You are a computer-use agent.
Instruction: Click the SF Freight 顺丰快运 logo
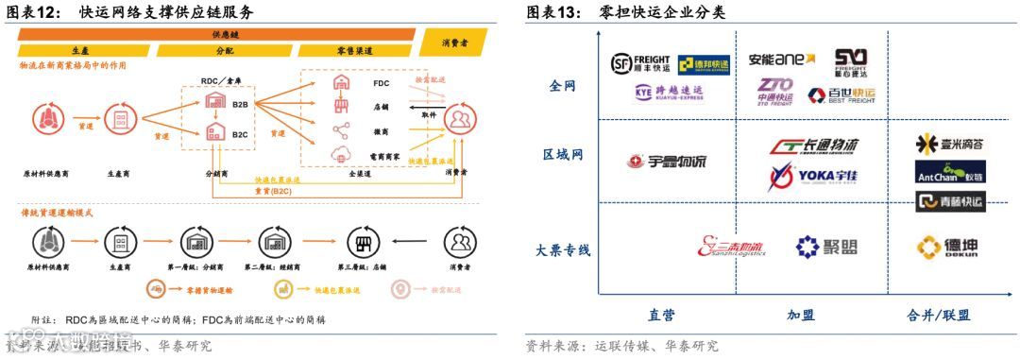[641, 63]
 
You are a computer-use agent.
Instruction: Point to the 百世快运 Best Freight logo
[841, 94]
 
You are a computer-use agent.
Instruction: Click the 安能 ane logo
[781, 60]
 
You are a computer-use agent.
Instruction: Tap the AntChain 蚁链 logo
[949, 173]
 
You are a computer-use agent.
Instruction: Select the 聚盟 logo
[826, 248]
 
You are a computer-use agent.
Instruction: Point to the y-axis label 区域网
[563, 154]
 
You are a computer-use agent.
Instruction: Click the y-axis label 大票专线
[562, 250]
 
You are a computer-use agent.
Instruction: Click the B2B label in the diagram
[240, 106]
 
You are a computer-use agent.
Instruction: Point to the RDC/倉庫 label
[225, 82]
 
